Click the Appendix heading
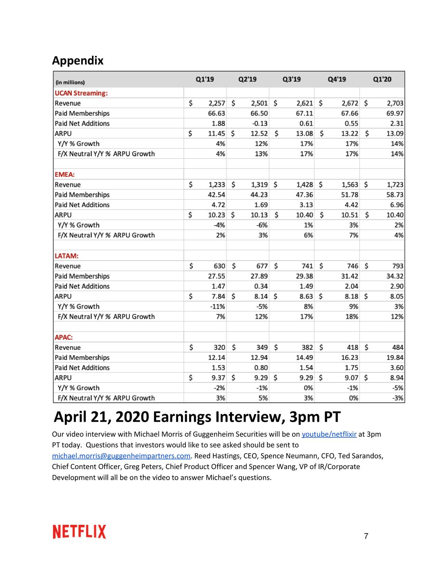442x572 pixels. [78, 60]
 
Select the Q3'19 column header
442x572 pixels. [291, 79]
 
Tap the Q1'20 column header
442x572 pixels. [382, 79]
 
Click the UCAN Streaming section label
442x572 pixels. [81, 93]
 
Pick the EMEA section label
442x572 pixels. [65, 175]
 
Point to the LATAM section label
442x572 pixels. [67, 256]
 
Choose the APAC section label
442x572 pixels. [64, 337]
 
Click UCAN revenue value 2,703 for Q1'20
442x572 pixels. [395, 103]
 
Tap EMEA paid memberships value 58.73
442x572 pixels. [395, 195]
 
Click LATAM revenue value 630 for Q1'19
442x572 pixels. [219, 266]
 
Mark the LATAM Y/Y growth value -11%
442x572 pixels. [218, 306]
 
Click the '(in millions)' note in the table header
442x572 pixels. [70, 83]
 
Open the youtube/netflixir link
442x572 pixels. [329, 434]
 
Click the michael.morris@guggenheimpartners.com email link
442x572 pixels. [121, 456]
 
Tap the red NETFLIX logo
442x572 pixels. [79, 532]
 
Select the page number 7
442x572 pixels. [366, 536]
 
